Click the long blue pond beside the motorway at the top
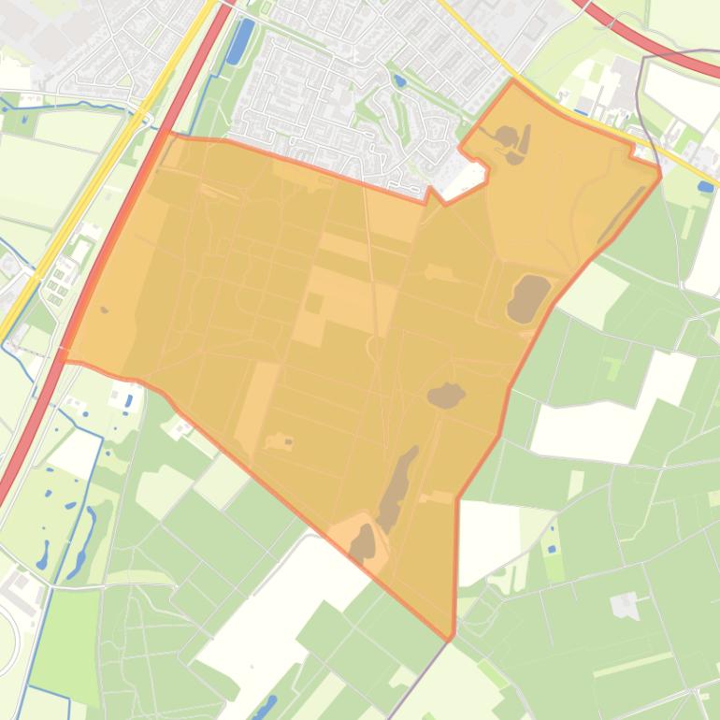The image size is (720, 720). (240, 40)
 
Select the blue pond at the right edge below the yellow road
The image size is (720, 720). (705, 187)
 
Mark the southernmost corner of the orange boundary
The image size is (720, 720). (453, 640)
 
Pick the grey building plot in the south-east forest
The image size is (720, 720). (626, 606)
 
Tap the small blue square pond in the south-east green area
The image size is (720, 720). (551, 548)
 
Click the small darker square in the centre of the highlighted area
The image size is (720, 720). (314, 304)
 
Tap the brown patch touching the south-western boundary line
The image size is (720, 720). (363, 543)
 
